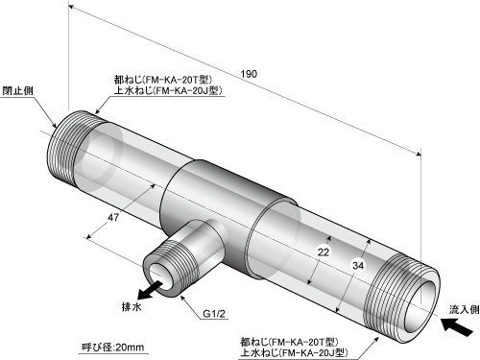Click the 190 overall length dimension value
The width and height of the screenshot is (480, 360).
coord(249,74)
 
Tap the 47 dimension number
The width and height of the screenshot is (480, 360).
coord(113,218)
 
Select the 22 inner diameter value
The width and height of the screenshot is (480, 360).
coord(324,252)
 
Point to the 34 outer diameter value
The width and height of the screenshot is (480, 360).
coord(358,265)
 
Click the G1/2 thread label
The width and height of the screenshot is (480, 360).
coord(214,314)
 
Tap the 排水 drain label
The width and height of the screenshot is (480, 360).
coord(132,307)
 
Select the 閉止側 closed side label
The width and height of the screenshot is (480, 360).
coord(17,91)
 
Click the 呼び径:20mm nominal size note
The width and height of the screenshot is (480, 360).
coord(113,347)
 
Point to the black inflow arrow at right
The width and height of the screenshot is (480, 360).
coord(457,326)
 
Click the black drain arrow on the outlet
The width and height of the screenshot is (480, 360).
coord(149,289)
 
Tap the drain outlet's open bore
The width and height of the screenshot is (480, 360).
coord(159,274)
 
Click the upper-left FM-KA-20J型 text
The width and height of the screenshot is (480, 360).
coord(187,91)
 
